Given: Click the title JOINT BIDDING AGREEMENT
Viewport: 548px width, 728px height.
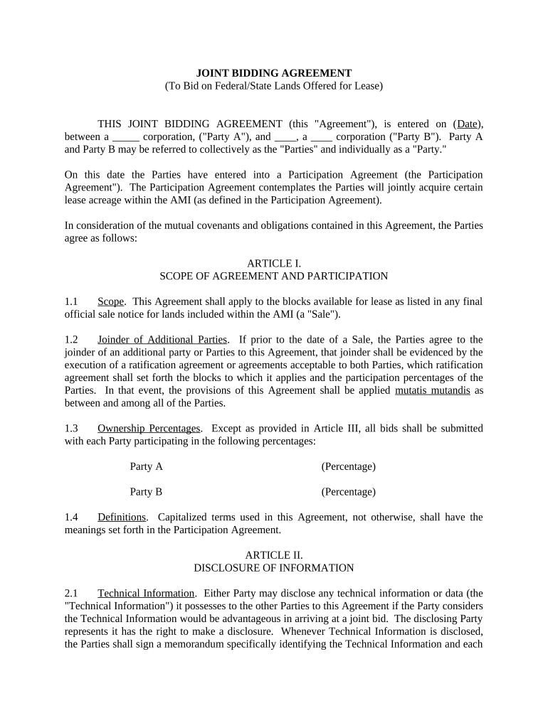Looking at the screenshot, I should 274,73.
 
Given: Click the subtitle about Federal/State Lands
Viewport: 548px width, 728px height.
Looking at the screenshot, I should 274,86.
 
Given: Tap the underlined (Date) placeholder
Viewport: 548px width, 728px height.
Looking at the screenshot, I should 468,124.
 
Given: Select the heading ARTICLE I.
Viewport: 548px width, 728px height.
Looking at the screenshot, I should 274,263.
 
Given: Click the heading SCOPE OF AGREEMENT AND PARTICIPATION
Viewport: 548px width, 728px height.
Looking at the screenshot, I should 274,276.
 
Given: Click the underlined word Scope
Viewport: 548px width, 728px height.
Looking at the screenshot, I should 111,301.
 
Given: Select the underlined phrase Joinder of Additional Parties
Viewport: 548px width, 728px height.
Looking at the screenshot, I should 162,339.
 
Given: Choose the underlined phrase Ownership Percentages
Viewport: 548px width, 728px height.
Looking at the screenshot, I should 149,428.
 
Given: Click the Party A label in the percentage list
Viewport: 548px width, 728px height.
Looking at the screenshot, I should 146,466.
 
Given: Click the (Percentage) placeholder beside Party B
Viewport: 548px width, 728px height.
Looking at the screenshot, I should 348,491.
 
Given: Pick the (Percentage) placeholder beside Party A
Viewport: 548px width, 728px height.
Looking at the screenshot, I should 348,466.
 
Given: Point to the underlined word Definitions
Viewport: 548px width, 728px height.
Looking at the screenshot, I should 122,517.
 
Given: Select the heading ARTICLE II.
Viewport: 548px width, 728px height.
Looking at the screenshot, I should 274,555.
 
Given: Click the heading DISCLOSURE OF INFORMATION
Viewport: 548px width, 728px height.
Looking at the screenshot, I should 274,568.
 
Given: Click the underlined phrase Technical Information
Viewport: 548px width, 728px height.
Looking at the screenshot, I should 146,593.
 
